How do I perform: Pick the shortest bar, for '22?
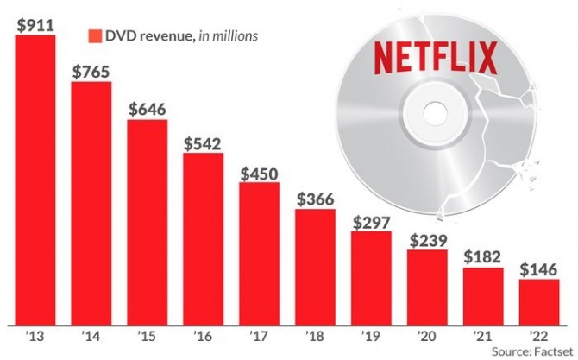[539, 298]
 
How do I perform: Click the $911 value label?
[35, 25]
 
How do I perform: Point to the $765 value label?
[91, 72]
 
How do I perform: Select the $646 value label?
[148, 110]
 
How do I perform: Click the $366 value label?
[316, 199]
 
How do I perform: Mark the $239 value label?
[428, 240]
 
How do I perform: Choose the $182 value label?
[484, 257]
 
